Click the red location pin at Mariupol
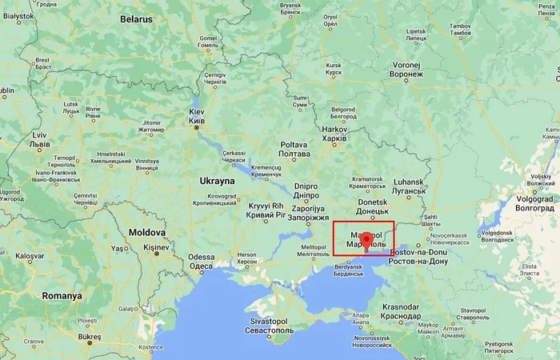[366, 240]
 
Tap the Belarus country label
[136, 18]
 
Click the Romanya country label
[62, 295]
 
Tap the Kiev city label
[196, 114]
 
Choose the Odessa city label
[202, 257]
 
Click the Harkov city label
[334, 129]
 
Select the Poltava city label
[294, 145]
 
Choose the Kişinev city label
[158, 249]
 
